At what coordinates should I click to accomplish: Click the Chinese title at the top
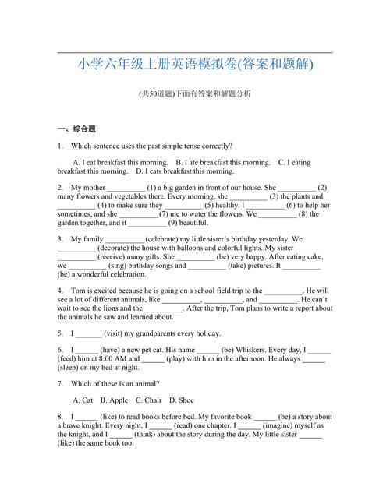(x=195, y=65)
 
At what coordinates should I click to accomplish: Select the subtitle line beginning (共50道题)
(x=195, y=93)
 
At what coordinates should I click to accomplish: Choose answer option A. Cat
(x=83, y=400)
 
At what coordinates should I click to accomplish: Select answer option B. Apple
(x=113, y=400)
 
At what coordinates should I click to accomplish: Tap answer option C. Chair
(x=147, y=400)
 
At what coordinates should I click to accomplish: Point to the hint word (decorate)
(x=117, y=248)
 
